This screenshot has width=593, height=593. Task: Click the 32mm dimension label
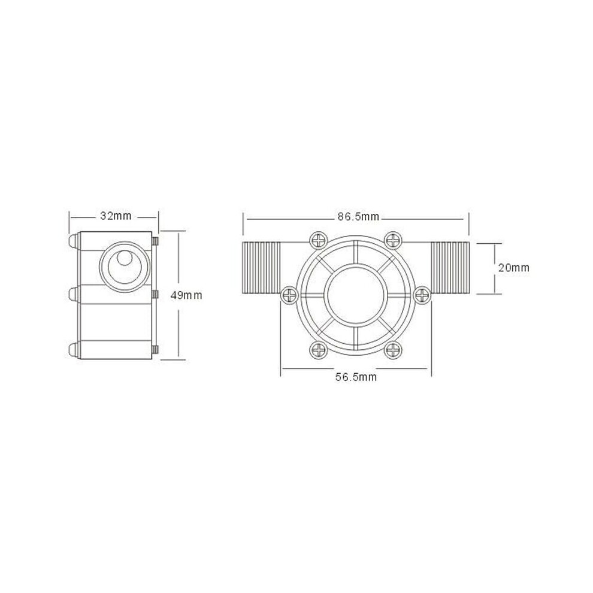point(116,216)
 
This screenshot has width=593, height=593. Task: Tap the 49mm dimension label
point(186,295)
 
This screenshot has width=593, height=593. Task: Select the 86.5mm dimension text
point(358,217)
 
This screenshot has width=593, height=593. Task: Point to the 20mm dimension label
point(513,268)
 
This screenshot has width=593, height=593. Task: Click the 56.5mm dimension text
point(356,377)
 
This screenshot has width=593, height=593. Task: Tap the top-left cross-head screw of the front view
point(319,240)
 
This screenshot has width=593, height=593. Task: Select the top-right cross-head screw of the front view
point(394,240)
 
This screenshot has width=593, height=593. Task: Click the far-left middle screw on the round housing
point(290,295)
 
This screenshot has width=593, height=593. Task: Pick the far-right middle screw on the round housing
point(422,295)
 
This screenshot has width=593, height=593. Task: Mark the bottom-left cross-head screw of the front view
point(319,350)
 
